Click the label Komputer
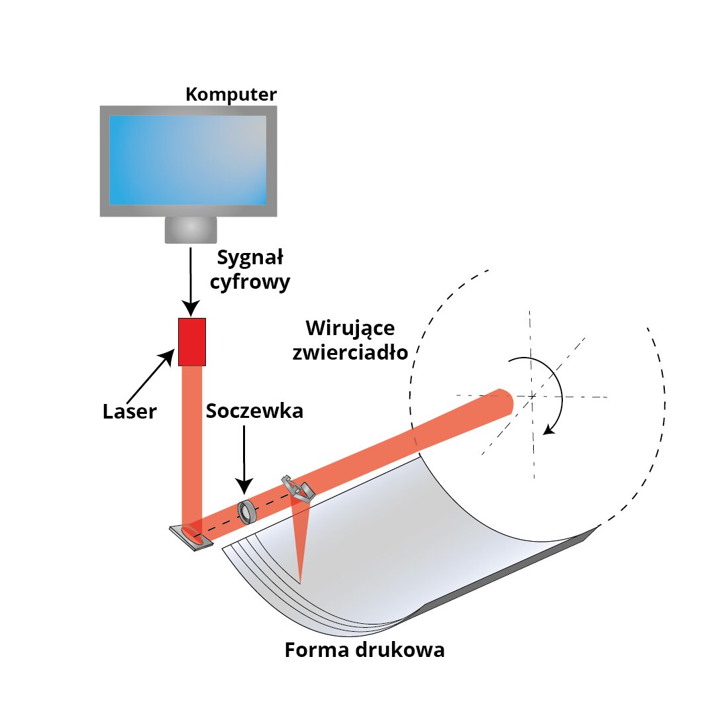click(231, 94)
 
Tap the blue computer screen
click(188, 160)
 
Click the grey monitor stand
click(191, 229)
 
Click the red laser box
click(192, 342)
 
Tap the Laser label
click(130, 411)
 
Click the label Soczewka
click(254, 411)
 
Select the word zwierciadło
click(350, 352)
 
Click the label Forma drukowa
click(364, 650)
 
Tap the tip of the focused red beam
click(300, 582)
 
